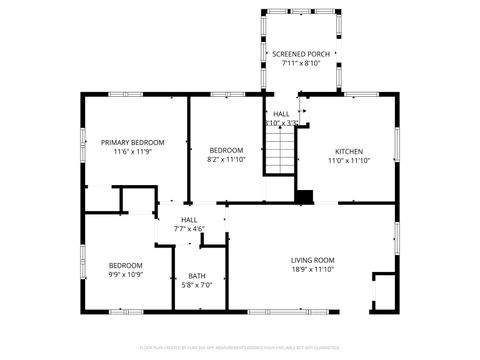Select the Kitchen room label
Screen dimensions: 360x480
click(x=348, y=151)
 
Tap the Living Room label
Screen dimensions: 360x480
click(x=312, y=259)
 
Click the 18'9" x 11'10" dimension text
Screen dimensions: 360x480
click(x=312, y=269)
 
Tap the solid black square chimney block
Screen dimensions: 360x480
click(x=304, y=195)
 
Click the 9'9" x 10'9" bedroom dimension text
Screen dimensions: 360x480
click(x=126, y=275)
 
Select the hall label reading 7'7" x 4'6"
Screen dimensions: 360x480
click(x=189, y=229)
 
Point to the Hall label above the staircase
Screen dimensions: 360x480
click(x=281, y=114)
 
